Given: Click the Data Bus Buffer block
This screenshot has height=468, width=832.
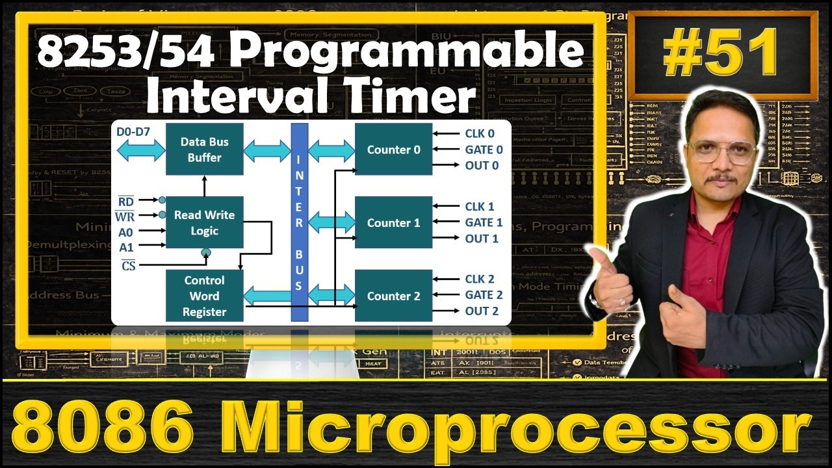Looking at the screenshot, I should tap(204, 149).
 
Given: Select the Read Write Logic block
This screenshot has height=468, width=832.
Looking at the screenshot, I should tap(204, 222).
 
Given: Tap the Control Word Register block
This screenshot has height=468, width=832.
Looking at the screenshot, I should tap(204, 296).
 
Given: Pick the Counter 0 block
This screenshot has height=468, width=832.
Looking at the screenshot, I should tap(393, 149).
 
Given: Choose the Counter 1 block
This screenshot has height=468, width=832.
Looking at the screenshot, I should tap(393, 222).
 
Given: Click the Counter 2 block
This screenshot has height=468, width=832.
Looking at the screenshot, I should tap(393, 296).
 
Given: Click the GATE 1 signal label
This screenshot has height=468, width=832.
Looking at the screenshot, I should tap(484, 222).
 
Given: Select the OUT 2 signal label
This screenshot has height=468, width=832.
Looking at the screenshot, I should tap(482, 311).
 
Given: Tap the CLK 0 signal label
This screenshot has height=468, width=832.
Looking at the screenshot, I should tap(480, 133).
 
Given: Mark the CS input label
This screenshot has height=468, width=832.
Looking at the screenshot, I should tap(128, 265).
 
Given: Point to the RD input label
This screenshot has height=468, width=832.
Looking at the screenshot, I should tap(126, 201).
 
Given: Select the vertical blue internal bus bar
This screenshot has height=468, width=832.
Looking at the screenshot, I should tap(299, 221).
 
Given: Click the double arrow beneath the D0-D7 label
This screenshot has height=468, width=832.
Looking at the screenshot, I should tap(140, 151).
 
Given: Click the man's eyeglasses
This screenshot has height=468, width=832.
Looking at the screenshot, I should tap(722, 151).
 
